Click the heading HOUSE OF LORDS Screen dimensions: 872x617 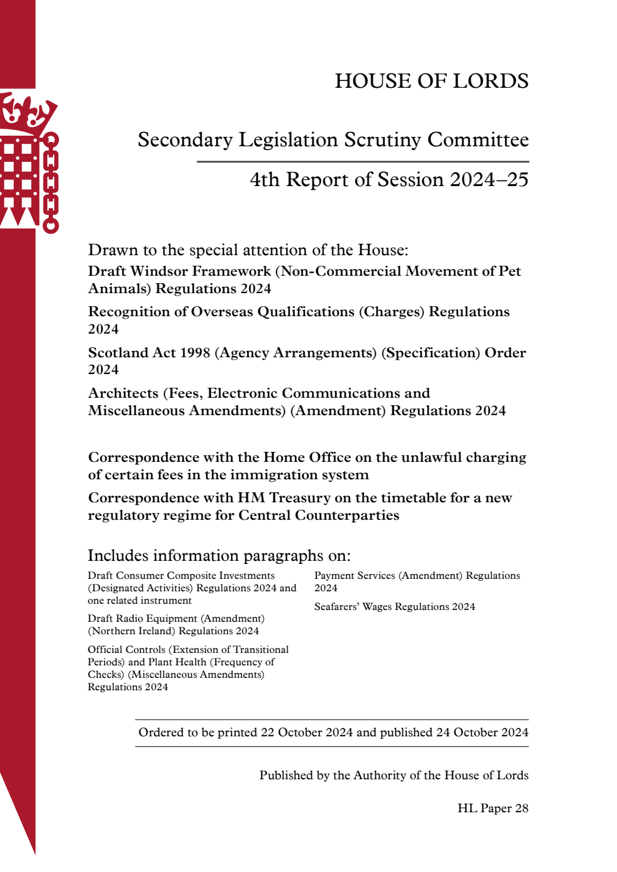tap(431, 81)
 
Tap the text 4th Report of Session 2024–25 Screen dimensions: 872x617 tap(389, 180)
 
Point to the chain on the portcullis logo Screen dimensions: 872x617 tap(51, 183)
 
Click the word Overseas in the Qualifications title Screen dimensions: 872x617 tap(222, 312)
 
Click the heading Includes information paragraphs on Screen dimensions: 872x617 tap(219, 555)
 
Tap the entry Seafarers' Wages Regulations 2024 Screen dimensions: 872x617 tap(394, 607)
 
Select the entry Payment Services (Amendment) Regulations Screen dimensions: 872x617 tap(417, 576)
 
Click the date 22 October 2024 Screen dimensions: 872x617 tap(306, 733)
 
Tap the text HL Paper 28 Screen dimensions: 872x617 tap(492, 809)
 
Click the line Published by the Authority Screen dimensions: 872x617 tap(393, 776)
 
